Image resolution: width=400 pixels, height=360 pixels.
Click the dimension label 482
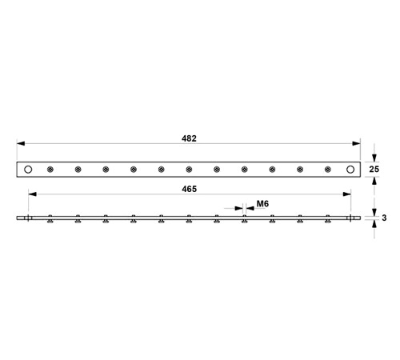click(x=189, y=138)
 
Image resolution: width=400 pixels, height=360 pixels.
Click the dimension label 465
click(x=190, y=189)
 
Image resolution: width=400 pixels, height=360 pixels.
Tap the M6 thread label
click(x=262, y=204)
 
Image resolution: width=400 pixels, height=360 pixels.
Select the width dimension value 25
click(x=374, y=170)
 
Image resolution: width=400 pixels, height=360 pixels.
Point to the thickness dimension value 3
click(x=384, y=218)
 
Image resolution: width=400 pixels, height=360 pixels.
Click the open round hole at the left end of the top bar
click(x=28, y=170)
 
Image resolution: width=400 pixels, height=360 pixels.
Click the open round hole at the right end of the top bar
click(x=350, y=170)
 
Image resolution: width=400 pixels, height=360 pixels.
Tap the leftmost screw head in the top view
click(x=50, y=170)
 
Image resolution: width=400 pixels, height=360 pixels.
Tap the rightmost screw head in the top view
click(x=328, y=170)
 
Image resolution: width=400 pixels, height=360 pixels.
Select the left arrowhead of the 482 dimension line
click(x=21, y=143)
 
